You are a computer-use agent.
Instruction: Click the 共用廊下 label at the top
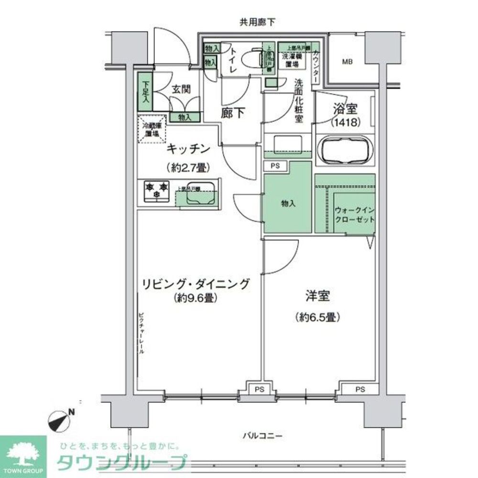[258, 22]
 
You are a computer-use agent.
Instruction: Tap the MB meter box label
[347, 61]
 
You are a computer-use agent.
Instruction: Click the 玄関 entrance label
[182, 88]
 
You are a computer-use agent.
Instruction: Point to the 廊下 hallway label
[233, 113]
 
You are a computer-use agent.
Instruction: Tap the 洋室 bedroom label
[317, 296]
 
